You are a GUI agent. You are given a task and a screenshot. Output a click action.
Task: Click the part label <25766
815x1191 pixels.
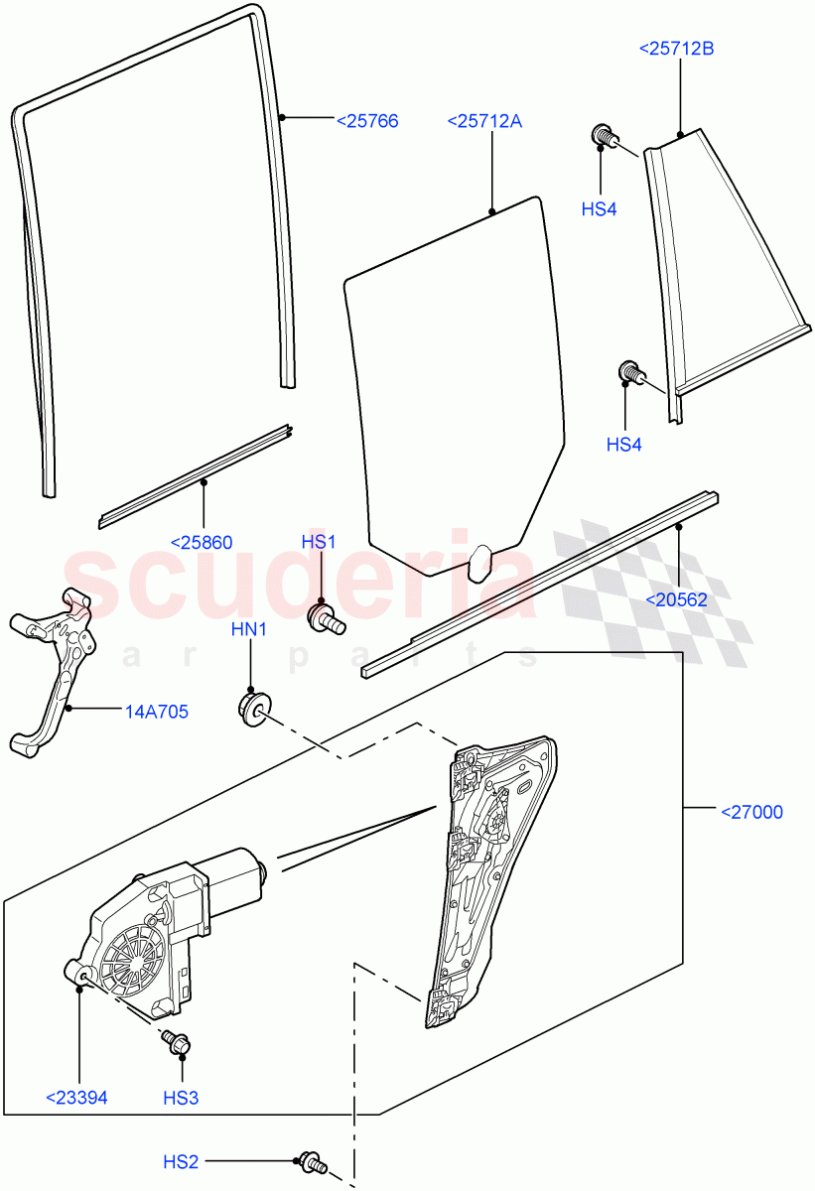[x=366, y=121]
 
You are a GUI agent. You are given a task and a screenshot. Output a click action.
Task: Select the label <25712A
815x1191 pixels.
[x=484, y=121]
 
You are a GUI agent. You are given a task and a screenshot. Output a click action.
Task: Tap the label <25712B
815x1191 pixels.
[x=677, y=48]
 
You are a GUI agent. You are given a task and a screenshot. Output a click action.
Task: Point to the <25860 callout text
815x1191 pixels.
[x=202, y=543]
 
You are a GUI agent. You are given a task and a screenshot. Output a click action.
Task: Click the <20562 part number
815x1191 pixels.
[x=678, y=598]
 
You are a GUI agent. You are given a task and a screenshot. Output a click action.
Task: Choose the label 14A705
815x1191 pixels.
[x=157, y=711]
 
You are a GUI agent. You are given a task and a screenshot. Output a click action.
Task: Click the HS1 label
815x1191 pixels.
[x=319, y=542]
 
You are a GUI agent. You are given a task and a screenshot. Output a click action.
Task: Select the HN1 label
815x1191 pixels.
[x=249, y=629]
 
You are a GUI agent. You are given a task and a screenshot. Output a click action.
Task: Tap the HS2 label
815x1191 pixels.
[x=182, y=1161]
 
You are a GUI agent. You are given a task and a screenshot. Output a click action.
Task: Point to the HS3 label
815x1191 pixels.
[x=182, y=1098]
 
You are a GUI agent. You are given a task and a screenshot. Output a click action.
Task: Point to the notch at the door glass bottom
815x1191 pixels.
[x=481, y=563]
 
